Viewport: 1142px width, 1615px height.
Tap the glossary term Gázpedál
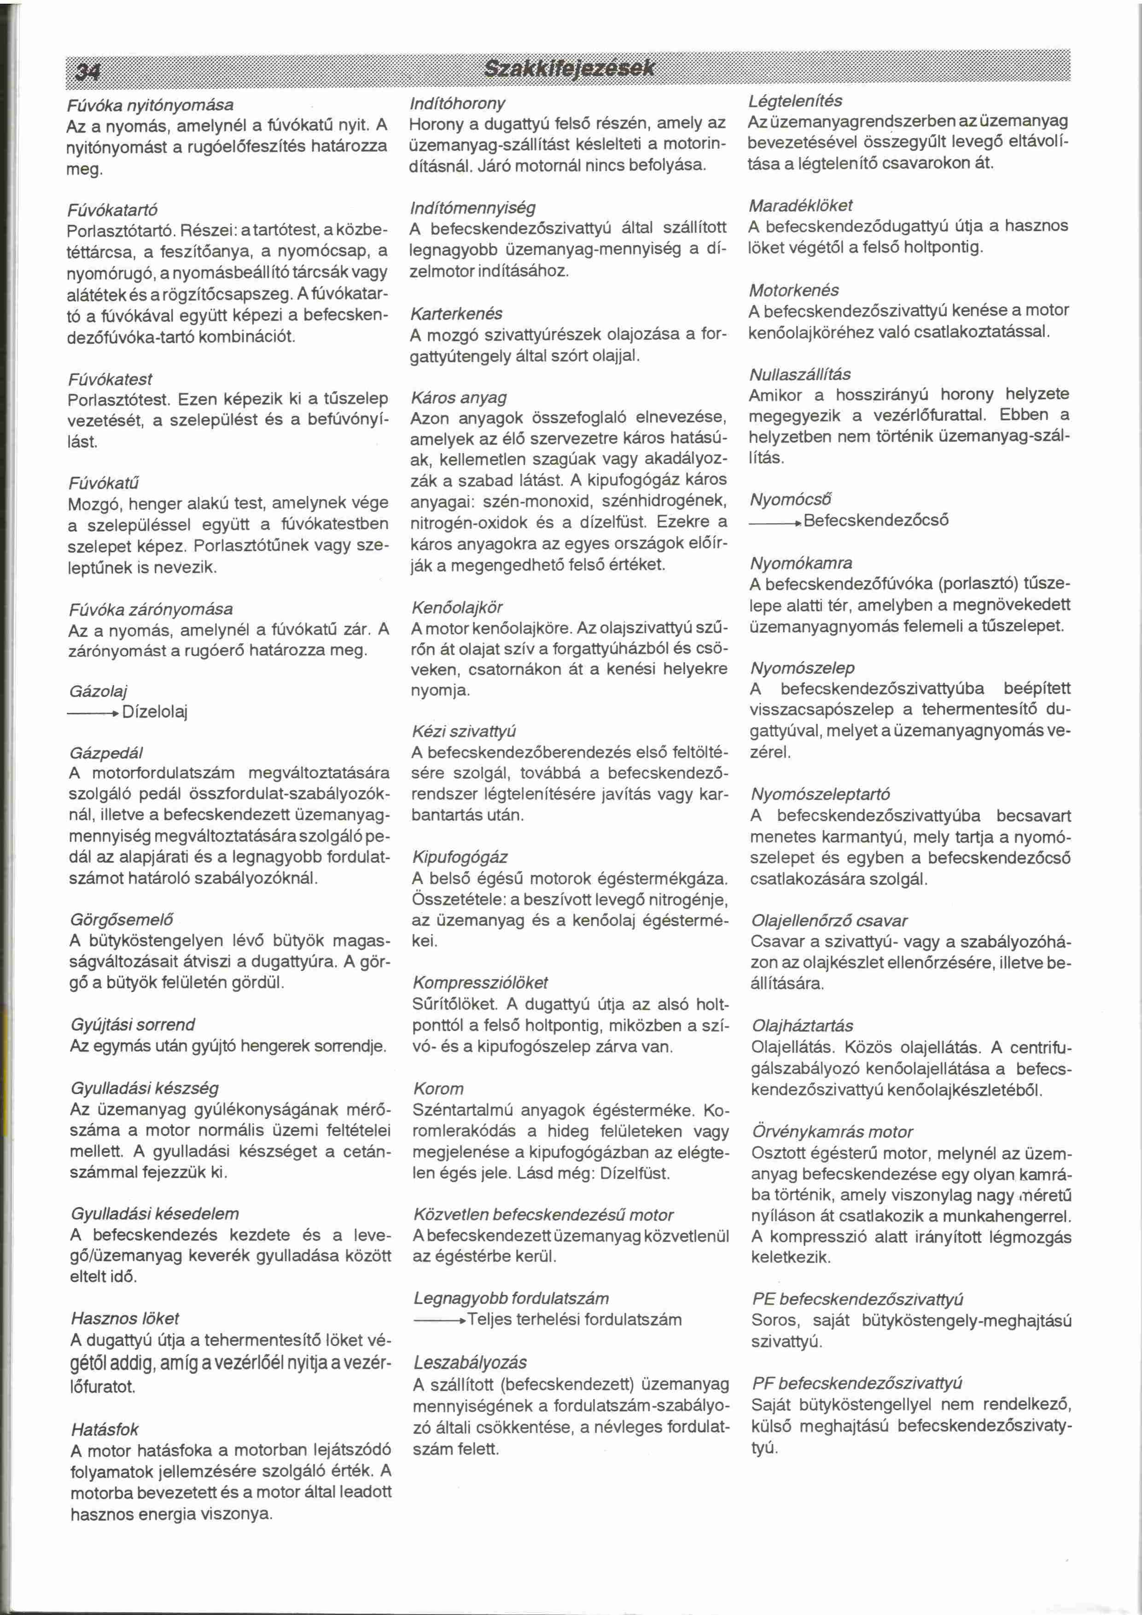(106, 753)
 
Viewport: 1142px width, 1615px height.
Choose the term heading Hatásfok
(105, 1429)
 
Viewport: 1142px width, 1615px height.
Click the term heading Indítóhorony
(457, 104)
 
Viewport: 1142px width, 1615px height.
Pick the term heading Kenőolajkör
(457, 607)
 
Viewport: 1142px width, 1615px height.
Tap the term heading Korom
(438, 1089)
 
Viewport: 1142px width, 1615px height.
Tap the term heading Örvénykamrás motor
(832, 1132)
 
